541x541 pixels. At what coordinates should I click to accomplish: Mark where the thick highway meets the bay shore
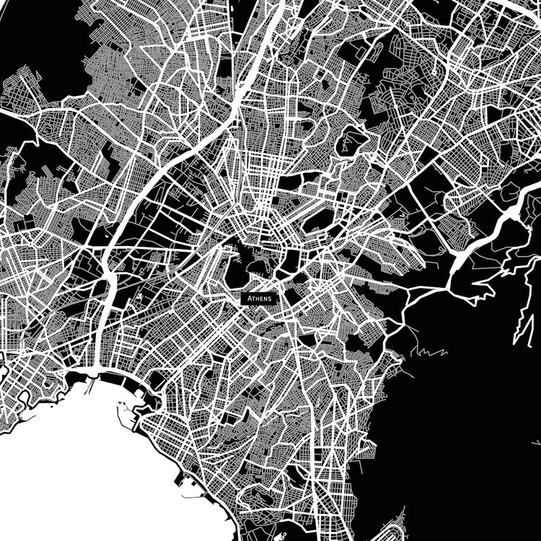(x=94, y=372)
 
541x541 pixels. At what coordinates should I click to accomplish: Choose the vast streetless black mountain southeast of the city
(x=462, y=433)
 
